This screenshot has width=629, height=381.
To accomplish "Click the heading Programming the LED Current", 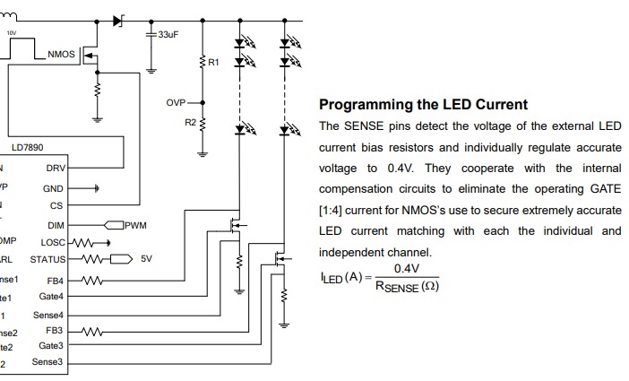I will click(423, 104).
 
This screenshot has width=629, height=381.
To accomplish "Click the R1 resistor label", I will click(212, 63).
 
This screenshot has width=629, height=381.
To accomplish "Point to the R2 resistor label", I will click(190, 121).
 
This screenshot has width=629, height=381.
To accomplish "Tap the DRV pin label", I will click(54, 168).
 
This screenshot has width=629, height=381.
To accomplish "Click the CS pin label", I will click(56, 205).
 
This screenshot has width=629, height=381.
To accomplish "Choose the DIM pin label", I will click(55, 225).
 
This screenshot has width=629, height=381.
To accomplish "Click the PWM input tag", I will click(135, 225).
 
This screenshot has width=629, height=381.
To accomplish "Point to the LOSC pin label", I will click(52, 242).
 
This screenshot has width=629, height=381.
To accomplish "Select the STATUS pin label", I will click(47, 259).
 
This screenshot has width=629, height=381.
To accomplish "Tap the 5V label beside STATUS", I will click(147, 259).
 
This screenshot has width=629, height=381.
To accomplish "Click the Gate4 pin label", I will click(51, 296).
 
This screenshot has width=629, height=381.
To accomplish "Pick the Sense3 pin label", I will click(47, 362).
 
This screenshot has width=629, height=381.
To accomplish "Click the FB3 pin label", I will click(54, 330).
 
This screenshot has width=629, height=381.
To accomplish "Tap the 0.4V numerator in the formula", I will click(406, 268).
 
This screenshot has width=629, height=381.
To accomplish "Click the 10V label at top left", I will click(12, 32).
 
